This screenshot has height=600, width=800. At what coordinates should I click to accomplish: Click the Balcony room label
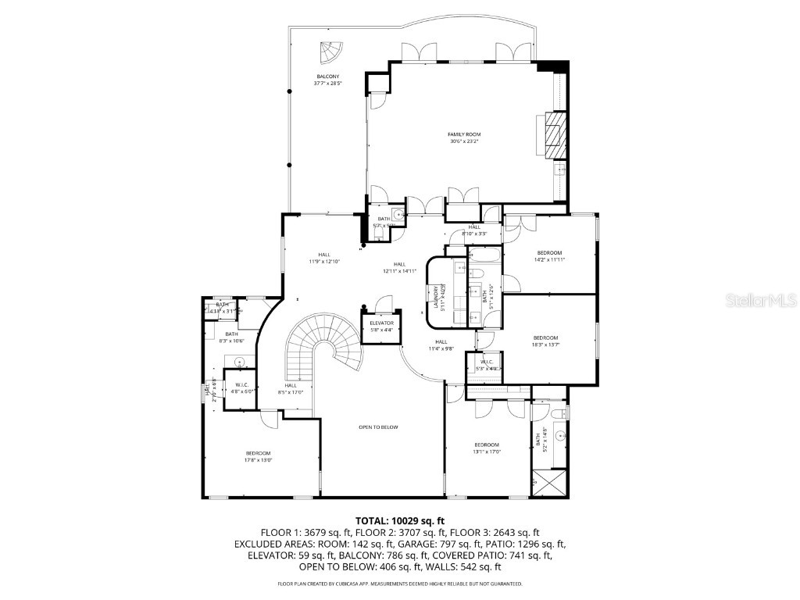coord(327,79)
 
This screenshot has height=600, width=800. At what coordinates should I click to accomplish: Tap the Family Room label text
coord(464,137)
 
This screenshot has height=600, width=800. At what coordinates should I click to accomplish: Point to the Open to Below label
coord(378,427)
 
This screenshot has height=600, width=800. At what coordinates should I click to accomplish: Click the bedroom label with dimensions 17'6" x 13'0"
coord(259,456)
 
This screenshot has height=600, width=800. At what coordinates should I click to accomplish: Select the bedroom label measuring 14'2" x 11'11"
coord(549,255)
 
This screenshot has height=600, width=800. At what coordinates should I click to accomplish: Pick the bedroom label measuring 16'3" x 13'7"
coord(546,341)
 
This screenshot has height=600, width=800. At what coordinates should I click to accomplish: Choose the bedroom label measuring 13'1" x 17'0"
coord(486,448)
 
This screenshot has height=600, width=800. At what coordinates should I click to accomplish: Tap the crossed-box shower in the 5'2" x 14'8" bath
coord(550,481)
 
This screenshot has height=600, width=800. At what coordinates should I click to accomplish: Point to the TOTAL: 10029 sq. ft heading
coord(400,520)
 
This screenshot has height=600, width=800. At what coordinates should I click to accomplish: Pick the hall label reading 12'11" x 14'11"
coord(400,267)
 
